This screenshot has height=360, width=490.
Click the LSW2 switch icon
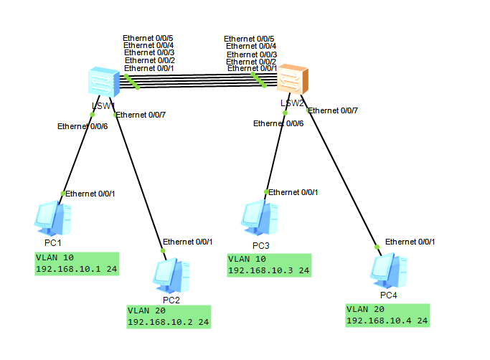(292, 80)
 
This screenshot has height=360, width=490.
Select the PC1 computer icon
(53, 218)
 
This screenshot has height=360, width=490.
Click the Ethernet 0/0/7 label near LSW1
(141, 115)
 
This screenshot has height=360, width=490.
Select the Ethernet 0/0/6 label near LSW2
(278, 123)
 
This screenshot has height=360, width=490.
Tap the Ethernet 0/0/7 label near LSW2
(333, 110)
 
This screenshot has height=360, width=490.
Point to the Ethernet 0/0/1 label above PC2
(187, 241)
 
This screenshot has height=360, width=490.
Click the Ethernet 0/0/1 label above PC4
(410, 242)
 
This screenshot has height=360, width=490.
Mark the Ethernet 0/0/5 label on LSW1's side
(149, 38)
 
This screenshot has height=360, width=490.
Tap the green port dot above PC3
(266, 191)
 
